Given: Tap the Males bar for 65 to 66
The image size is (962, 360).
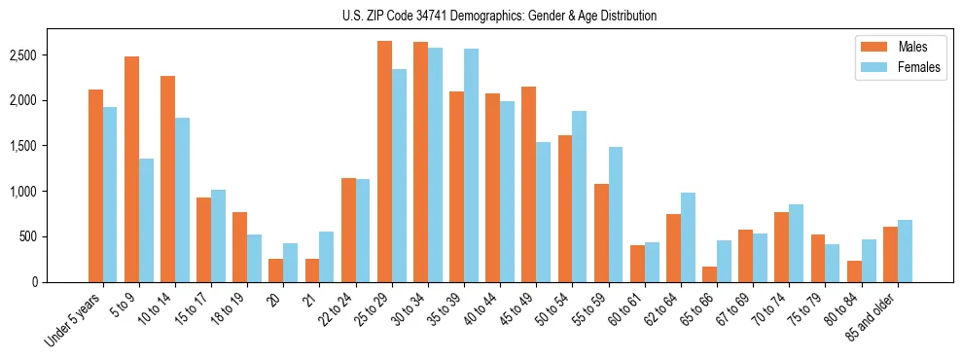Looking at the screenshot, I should tap(709, 274).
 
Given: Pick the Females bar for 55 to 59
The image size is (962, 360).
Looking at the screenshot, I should tap(615, 215).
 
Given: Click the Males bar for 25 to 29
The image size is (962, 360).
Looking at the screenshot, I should tap(384, 162).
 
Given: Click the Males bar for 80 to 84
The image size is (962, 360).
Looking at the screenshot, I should tap(854, 271).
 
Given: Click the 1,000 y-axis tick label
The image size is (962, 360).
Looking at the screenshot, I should tap(50, 192).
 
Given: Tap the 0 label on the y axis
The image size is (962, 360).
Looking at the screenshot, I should tap(60, 282).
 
